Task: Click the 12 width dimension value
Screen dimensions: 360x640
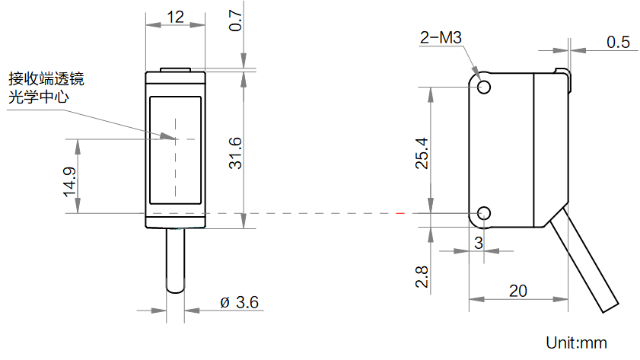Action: click(175, 16)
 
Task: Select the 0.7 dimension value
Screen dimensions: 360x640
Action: click(236, 21)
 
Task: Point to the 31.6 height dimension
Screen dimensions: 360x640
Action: click(236, 152)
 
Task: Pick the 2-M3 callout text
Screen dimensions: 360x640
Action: click(441, 38)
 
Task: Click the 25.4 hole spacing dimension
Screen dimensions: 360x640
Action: click(423, 152)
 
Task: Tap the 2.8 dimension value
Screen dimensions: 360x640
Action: click(423, 276)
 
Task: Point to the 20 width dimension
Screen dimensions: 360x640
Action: click(517, 291)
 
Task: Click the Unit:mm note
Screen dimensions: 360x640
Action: click(577, 342)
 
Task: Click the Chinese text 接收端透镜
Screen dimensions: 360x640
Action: click(46, 78)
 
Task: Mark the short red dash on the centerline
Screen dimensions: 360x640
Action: click(401, 214)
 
